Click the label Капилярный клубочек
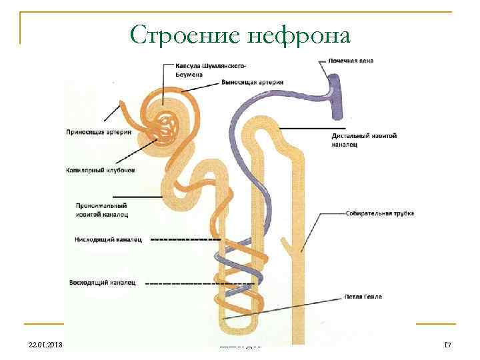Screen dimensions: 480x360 click(x=100, y=170)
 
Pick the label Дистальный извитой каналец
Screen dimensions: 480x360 click(x=363, y=139)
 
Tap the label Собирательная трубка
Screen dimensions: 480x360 click(x=380, y=213)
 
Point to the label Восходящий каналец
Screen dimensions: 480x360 click(x=103, y=283)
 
